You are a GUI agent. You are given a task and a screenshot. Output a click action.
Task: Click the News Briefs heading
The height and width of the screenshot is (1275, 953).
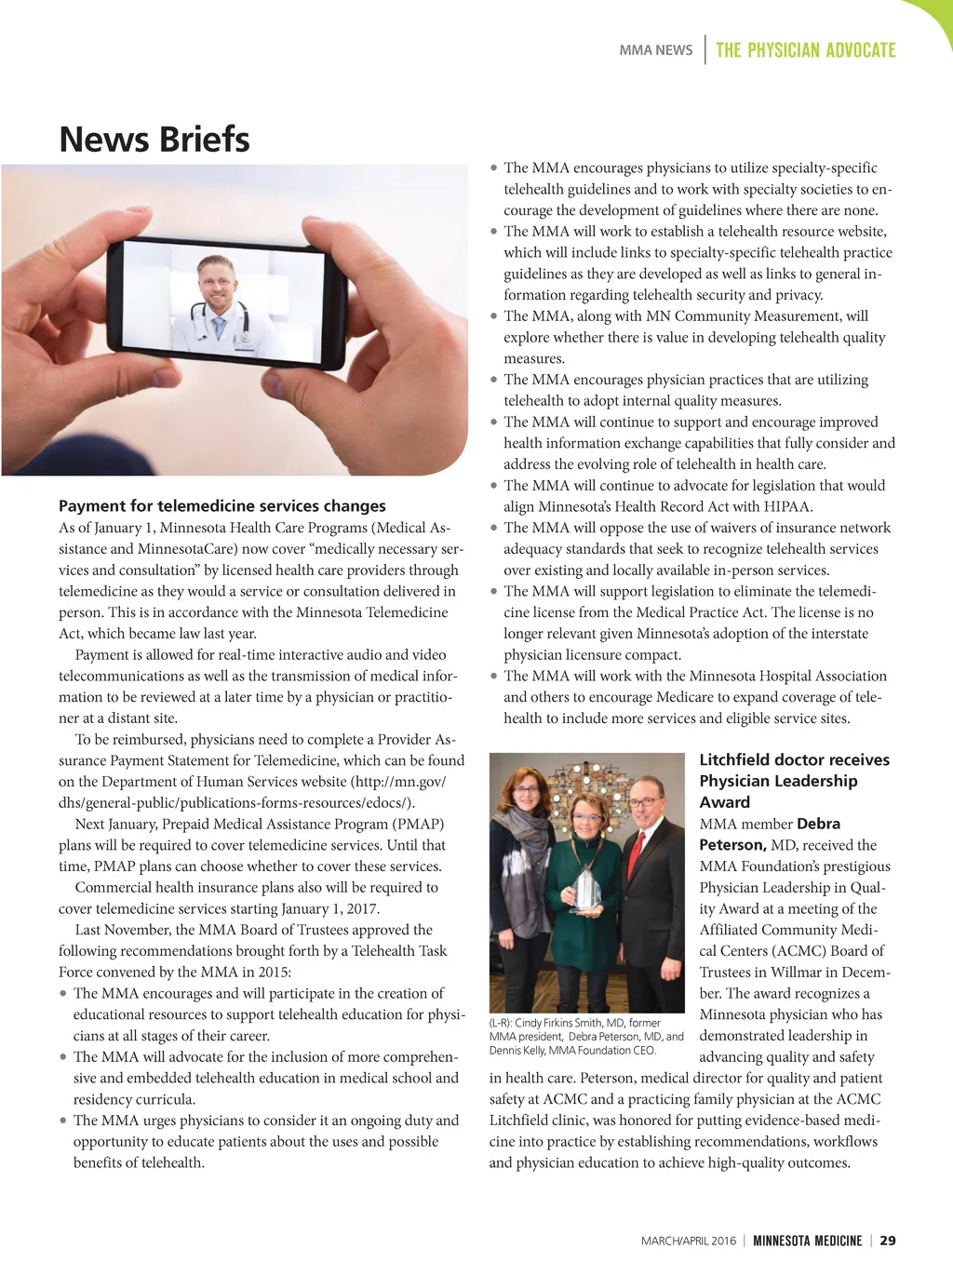154,140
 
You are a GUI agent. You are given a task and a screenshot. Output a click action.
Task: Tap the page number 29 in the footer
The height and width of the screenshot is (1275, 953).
888,1241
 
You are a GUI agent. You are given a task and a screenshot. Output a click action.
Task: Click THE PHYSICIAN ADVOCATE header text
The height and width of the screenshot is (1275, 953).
805,50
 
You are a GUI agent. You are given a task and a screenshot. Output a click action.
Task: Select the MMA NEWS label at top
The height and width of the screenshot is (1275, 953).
656,50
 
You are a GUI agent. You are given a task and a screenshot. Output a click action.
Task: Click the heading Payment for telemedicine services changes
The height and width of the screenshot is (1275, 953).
221,506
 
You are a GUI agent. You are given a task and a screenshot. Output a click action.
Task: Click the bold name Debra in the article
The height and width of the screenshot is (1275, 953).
818,824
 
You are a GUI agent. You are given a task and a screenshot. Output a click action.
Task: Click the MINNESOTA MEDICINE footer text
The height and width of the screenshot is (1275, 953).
807,1241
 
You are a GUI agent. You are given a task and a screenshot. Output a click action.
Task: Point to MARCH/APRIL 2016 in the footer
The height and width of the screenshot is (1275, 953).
688,1241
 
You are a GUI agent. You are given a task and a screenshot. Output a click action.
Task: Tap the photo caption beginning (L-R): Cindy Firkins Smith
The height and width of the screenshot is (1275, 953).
586,1036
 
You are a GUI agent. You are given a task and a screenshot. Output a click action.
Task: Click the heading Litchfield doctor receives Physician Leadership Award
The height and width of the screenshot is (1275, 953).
794,781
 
